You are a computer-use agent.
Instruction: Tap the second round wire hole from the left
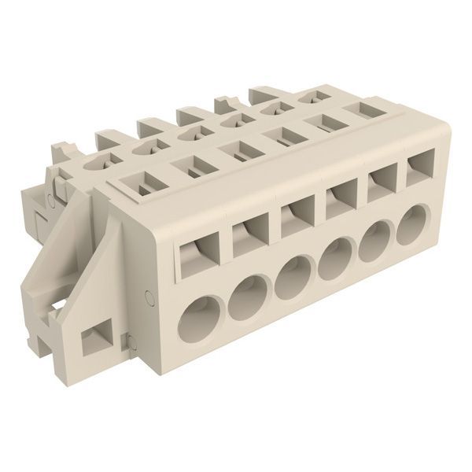[249, 297]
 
